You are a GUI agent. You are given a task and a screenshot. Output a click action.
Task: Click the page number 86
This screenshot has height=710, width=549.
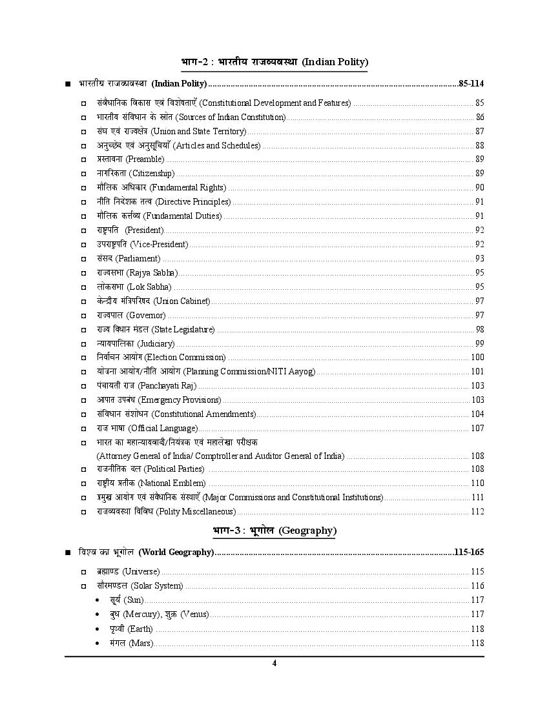click(480, 117)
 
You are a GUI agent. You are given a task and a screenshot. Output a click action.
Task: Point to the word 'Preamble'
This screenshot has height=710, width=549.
click(145, 159)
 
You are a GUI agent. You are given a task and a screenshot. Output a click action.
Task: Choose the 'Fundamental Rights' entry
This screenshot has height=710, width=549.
click(188, 187)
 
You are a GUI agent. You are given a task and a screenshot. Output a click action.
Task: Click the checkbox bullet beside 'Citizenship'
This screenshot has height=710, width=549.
click(83, 174)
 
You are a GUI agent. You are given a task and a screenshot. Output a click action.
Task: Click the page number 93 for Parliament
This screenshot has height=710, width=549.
click(480, 258)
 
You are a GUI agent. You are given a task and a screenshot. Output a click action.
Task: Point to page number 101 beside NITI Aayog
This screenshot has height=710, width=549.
click(477, 371)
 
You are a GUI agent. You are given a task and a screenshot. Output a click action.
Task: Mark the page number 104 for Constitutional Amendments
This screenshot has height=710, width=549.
click(477, 414)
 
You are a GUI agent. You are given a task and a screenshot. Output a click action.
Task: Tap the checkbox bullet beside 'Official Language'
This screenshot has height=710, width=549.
click(83, 429)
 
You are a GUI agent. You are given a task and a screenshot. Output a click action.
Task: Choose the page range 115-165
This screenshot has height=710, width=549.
click(469, 552)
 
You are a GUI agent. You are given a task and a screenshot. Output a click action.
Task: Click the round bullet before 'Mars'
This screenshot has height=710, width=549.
click(97, 644)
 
